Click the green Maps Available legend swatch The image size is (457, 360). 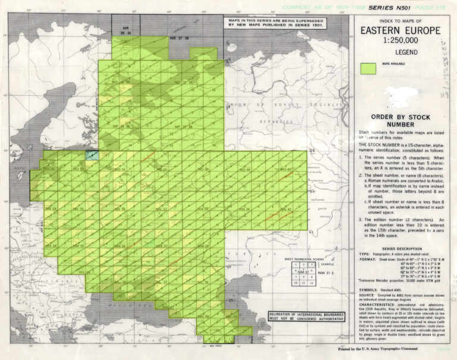tap(370, 68)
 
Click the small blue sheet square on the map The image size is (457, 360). tap(92, 155)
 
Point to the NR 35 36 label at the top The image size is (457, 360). tap(126, 30)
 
